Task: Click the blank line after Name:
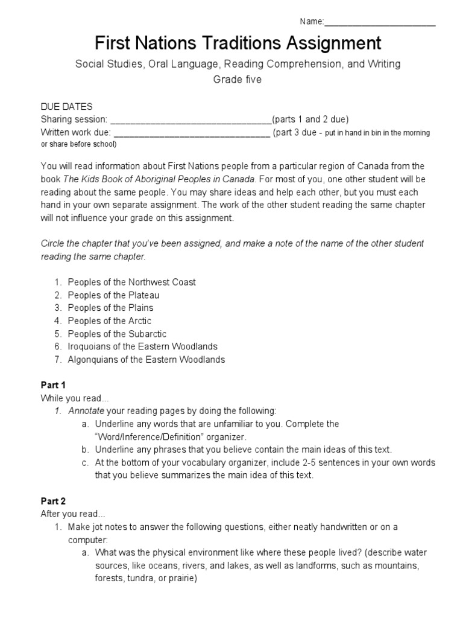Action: [x=380, y=23]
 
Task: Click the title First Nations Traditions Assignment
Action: [x=238, y=43]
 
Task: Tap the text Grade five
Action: [x=237, y=80]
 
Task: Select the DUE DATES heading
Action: [x=66, y=107]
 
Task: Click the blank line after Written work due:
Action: [x=192, y=133]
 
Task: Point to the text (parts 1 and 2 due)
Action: [x=310, y=119]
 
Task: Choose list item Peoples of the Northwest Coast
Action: [x=131, y=282]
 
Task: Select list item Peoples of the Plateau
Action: [x=113, y=295]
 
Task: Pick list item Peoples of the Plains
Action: [x=110, y=308]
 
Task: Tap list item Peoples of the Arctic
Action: [x=109, y=321]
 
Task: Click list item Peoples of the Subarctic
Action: [x=117, y=334]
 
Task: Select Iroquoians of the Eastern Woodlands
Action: [x=142, y=346]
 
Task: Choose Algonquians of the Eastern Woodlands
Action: [x=146, y=360]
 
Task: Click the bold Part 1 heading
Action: [x=53, y=385]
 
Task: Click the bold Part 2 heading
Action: [x=53, y=501]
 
